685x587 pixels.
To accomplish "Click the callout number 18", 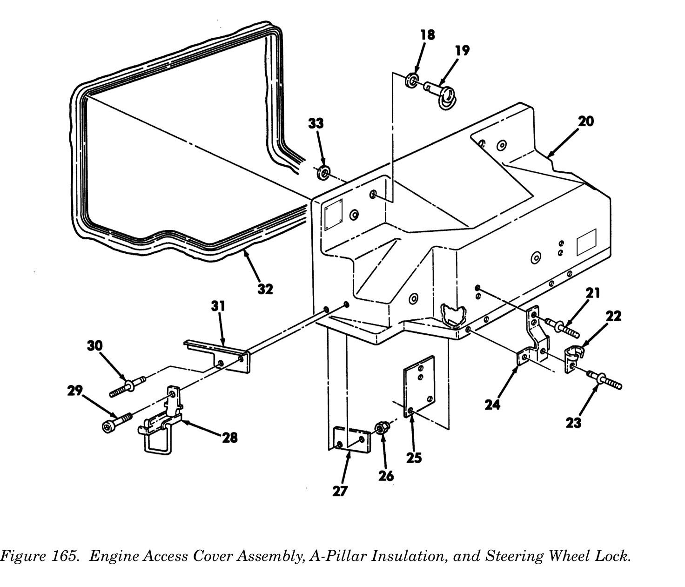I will pyautogui.click(x=428, y=34).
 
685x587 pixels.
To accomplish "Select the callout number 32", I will pyautogui.click(x=265, y=289).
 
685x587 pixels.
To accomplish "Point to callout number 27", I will pyautogui.click(x=340, y=491).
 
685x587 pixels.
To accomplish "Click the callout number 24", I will pyautogui.click(x=492, y=405).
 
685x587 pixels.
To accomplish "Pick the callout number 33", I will pyautogui.click(x=316, y=123).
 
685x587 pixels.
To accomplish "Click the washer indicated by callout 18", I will pyautogui.click(x=412, y=80).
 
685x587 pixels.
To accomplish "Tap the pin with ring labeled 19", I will pyautogui.click(x=442, y=93).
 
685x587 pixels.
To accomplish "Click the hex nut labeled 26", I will pyautogui.click(x=381, y=427).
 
